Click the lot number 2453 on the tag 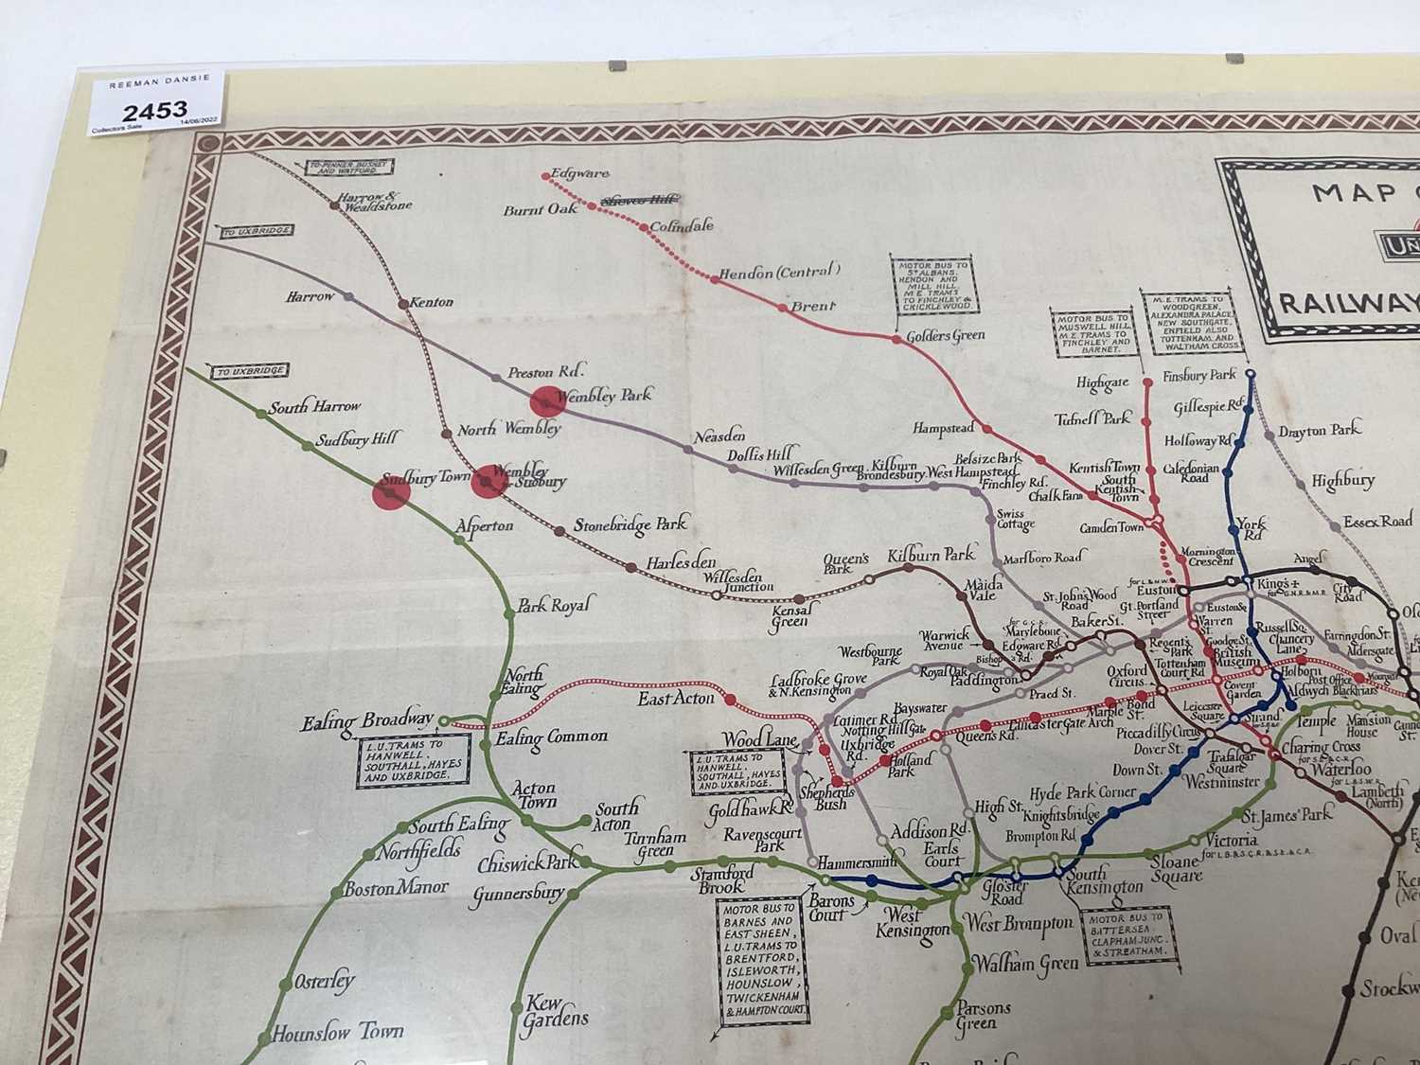click(154, 110)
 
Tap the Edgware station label click(580, 173)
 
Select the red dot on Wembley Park click(546, 401)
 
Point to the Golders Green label click(945, 335)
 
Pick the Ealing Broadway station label click(367, 721)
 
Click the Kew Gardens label click(556, 1011)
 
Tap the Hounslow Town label click(337, 1031)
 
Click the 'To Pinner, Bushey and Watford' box click(349, 168)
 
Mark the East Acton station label click(675, 698)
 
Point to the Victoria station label click(1231, 840)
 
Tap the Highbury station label click(1342, 481)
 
